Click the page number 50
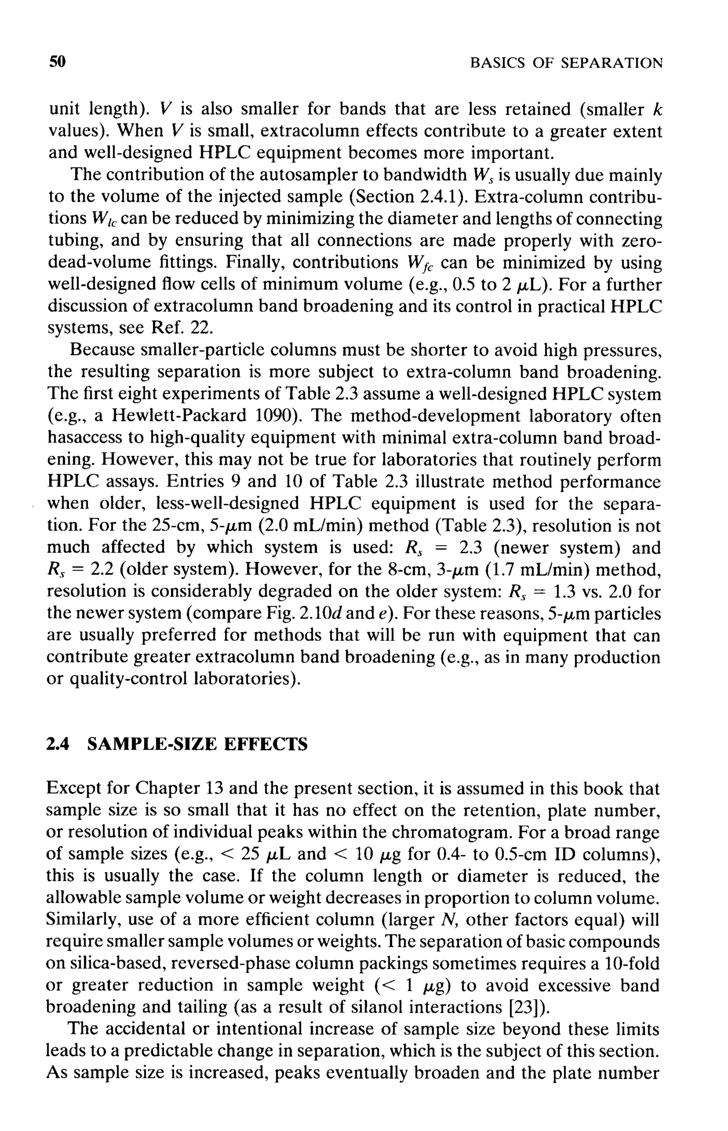tap(57, 62)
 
